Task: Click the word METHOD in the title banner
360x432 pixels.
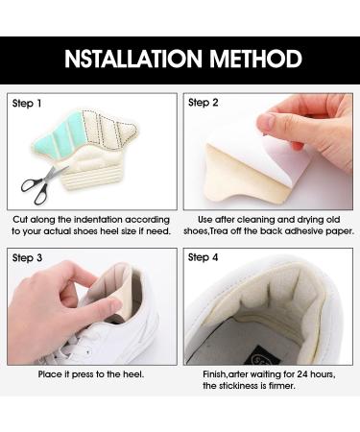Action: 255,59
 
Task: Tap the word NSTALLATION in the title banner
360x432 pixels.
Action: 133,59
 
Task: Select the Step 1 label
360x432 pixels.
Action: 27,104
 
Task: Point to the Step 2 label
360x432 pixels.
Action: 203,103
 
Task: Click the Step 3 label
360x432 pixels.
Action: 27,258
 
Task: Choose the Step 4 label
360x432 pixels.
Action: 203,257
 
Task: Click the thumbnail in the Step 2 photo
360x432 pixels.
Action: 267,122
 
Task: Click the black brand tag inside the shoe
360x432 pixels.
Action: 261,357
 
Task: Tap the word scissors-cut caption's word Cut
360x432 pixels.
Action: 20,220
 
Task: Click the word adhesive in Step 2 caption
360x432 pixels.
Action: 302,231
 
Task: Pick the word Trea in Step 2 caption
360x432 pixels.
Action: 219,231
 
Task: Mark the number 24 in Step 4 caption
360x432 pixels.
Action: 302,374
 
